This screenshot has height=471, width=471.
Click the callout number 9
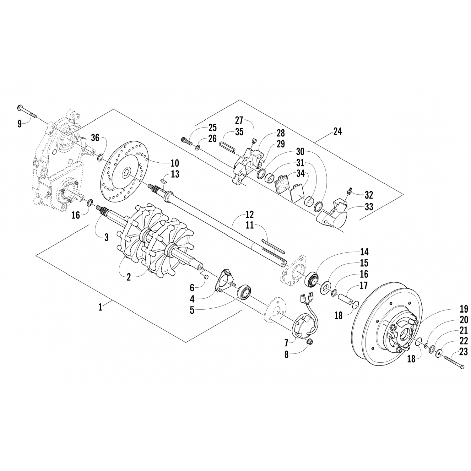(x=19, y=124)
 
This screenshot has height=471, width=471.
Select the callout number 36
(x=95, y=138)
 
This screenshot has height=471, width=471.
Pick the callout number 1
(x=100, y=307)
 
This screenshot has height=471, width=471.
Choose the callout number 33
(x=369, y=207)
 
